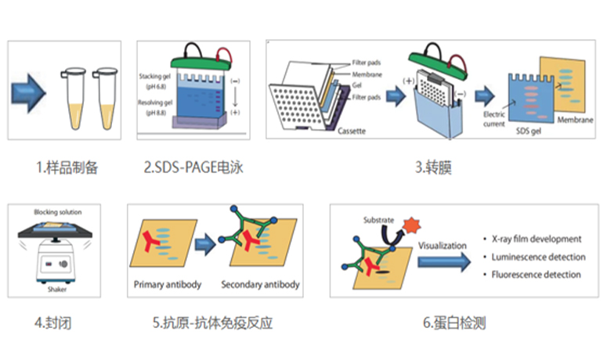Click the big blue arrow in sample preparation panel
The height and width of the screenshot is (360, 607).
32,92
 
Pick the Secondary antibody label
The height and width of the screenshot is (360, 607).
260,284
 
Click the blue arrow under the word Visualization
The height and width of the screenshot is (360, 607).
444,261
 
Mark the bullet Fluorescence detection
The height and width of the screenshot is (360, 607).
536,275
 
